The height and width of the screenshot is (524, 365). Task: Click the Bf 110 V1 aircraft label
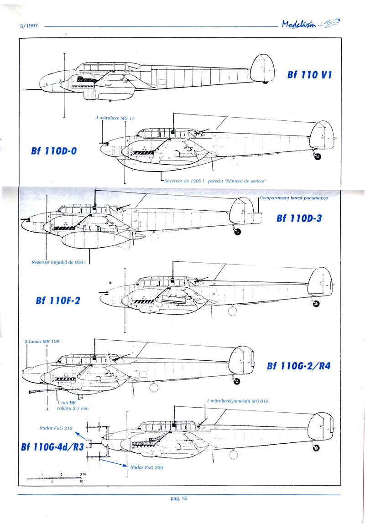(x=309, y=75)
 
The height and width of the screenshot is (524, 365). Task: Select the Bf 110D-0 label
(x=54, y=151)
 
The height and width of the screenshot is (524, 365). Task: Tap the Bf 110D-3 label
(x=299, y=218)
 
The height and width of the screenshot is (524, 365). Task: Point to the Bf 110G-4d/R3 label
(x=52, y=446)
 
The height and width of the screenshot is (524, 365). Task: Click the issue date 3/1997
(x=28, y=26)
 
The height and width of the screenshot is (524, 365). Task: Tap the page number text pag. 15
(x=179, y=498)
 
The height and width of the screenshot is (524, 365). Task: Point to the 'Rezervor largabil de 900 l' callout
(x=59, y=263)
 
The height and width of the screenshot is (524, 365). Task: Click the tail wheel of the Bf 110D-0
(x=318, y=156)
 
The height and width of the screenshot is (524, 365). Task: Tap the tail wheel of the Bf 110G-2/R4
(x=237, y=379)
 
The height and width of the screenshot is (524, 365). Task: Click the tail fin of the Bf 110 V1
(x=261, y=67)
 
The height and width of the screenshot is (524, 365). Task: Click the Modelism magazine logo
(x=311, y=25)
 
